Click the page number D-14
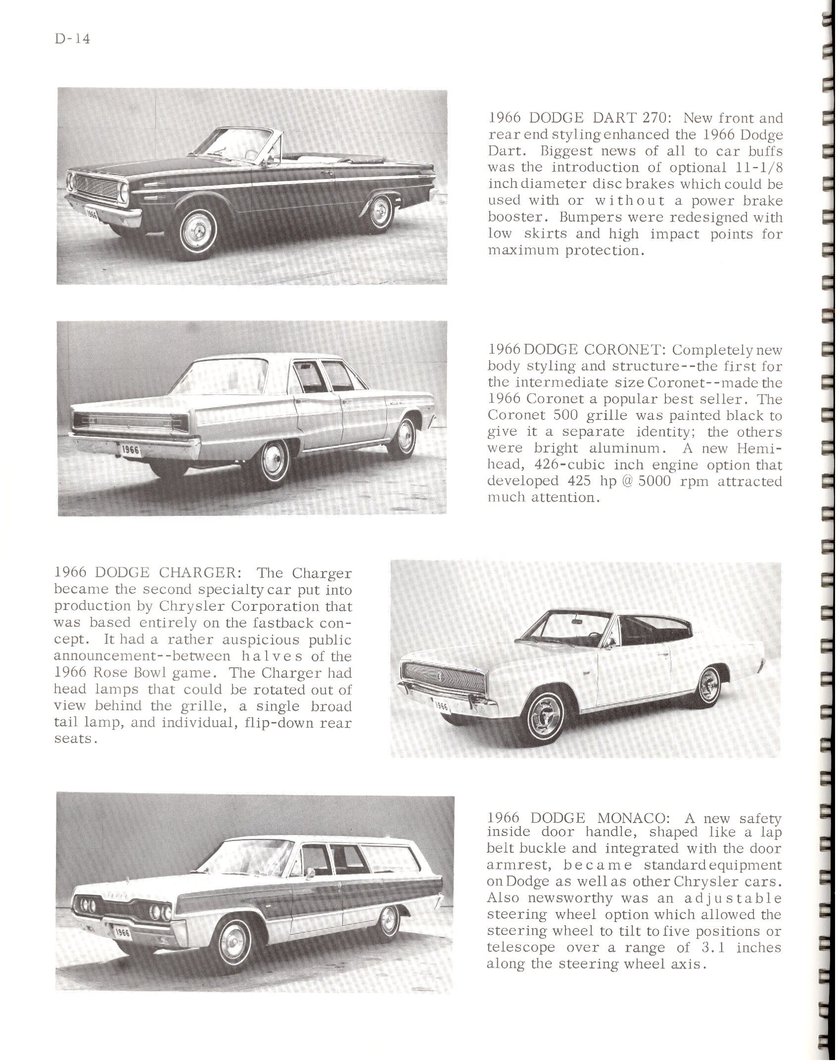(72, 39)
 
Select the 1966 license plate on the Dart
(91, 214)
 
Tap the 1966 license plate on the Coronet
(131, 449)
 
